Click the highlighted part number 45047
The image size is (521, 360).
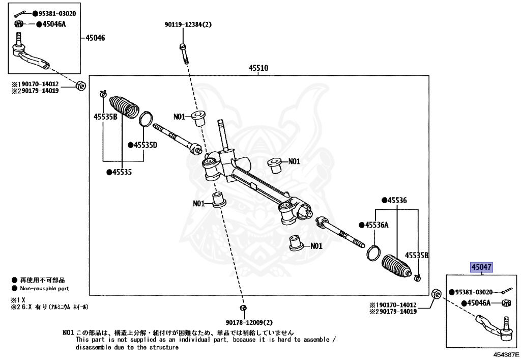pyautogui.click(x=481, y=267)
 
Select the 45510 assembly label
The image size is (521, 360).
pyautogui.click(x=258, y=68)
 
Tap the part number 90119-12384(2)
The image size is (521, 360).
pyautogui.click(x=188, y=24)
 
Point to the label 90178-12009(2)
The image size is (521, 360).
pyautogui.click(x=249, y=322)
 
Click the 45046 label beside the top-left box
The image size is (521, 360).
pyautogui.click(x=95, y=38)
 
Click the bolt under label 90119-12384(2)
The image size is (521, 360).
pyautogui.click(x=184, y=53)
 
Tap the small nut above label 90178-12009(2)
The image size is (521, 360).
pyautogui.click(x=243, y=308)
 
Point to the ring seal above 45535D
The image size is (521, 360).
pyautogui.click(x=146, y=119)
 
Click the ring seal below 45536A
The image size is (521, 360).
pyautogui.click(x=373, y=253)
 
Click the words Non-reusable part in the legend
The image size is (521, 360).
pyautogui.click(x=44, y=289)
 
